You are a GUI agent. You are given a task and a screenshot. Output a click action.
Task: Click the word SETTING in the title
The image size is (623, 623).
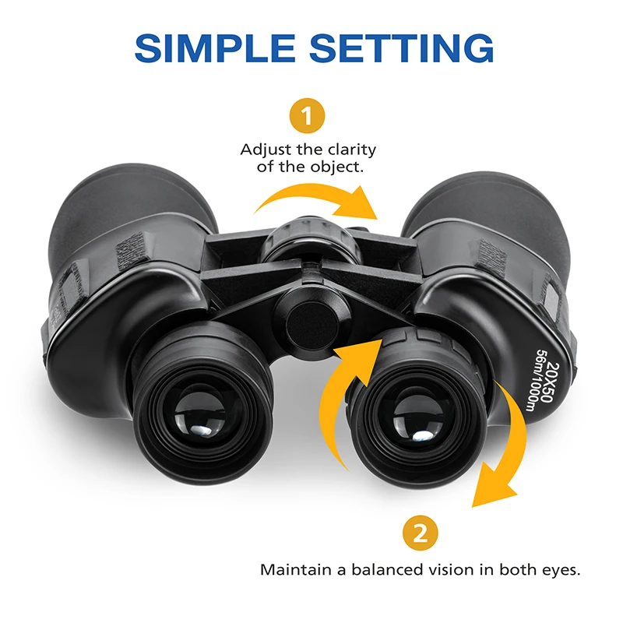(402, 48)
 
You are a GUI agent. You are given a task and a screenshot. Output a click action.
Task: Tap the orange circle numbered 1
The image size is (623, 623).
(308, 117)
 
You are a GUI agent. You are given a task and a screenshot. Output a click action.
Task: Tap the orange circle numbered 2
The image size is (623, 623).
(421, 534)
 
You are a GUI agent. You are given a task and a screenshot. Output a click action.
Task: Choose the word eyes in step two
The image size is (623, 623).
(561, 569)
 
